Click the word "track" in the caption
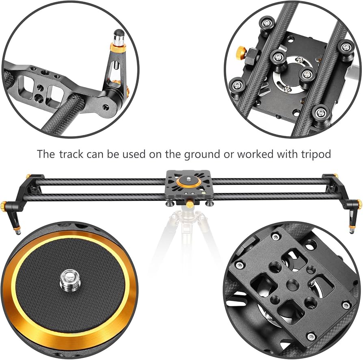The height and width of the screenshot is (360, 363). click(71, 154)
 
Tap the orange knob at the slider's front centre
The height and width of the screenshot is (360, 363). click(189, 204)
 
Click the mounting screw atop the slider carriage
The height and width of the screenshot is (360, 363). click(189, 179)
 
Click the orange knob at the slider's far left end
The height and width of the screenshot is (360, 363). click(4, 205)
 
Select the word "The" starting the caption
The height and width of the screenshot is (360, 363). click(46, 154)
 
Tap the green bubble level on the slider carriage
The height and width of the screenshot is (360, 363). click(203, 192)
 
